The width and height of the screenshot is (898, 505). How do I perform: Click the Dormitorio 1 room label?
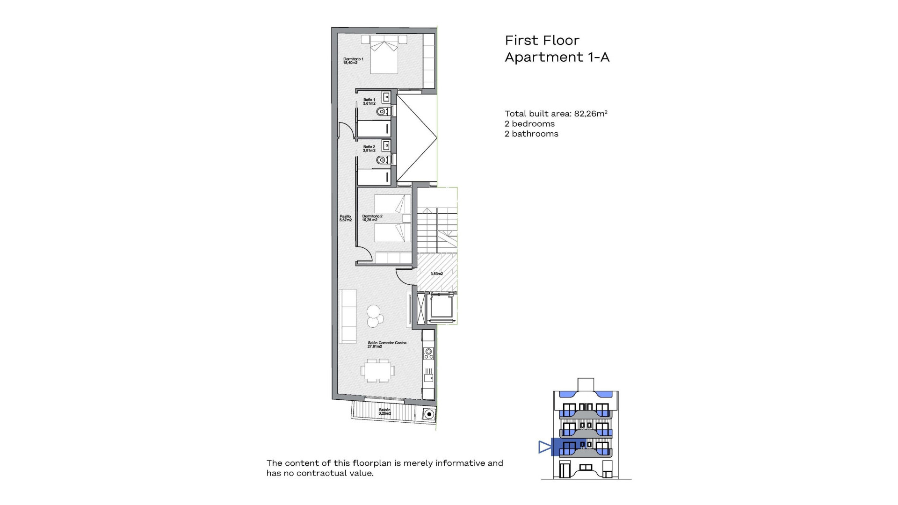click(353, 61)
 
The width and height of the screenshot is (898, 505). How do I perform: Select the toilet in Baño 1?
click(383, 111)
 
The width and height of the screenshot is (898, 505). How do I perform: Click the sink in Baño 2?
click(386, 145)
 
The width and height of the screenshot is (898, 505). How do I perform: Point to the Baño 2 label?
click(369, 149)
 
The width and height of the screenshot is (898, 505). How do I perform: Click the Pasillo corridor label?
click(345, 218)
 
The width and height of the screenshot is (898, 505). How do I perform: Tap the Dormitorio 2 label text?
click(372, 218)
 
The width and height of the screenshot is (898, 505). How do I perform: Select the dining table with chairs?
click(377, 371)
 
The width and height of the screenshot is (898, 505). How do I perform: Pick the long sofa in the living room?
click(348, 316)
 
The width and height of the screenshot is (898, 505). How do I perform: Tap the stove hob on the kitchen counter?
click(428, 353)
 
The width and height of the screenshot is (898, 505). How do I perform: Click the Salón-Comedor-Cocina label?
click(387, 345)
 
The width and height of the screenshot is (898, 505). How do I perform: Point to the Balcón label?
click(384, 411)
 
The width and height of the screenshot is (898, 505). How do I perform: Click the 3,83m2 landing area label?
click(436, 274)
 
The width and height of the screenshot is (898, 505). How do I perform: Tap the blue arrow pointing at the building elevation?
click(545, 447)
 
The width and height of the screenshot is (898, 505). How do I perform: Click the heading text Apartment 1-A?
click(557, 57)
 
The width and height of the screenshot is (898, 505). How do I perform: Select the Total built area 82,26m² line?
click(556, 114)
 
